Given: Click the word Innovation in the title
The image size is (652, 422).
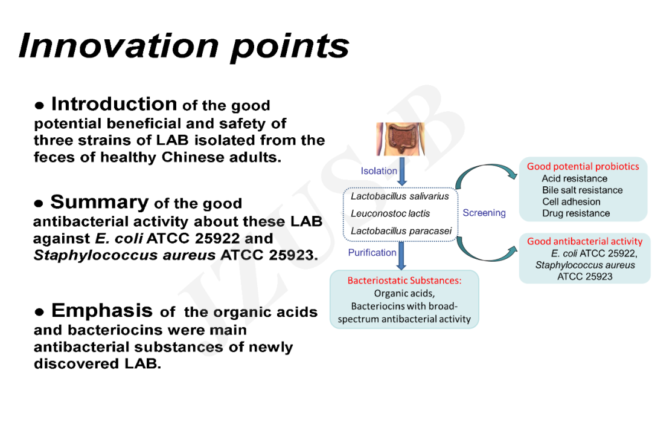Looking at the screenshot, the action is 119,45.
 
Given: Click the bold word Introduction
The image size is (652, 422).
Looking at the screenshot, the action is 114,104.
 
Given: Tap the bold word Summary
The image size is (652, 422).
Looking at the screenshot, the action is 100,203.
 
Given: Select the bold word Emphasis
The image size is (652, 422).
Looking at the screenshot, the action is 102,310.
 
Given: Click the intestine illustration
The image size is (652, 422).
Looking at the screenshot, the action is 400,139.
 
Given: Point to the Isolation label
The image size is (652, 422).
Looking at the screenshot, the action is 379,171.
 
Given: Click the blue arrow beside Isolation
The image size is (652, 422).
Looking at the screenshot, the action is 401,171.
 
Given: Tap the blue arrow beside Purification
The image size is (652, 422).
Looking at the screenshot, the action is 401,256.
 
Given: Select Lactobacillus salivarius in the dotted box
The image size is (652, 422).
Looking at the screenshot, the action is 400,196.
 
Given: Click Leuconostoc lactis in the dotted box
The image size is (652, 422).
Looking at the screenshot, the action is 390,213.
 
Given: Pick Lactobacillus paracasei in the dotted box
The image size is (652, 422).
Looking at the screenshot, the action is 401,231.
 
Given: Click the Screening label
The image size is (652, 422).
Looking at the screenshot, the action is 484,213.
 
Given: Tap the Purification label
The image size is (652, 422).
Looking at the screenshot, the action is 372,253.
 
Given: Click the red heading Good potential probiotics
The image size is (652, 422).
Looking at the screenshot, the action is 583,166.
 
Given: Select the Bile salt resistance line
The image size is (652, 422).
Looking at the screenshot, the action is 582,190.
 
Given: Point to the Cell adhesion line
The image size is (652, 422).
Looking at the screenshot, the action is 571,201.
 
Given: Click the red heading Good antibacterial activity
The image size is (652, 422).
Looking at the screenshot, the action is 584,241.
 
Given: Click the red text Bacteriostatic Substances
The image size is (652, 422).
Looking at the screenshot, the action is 404,281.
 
